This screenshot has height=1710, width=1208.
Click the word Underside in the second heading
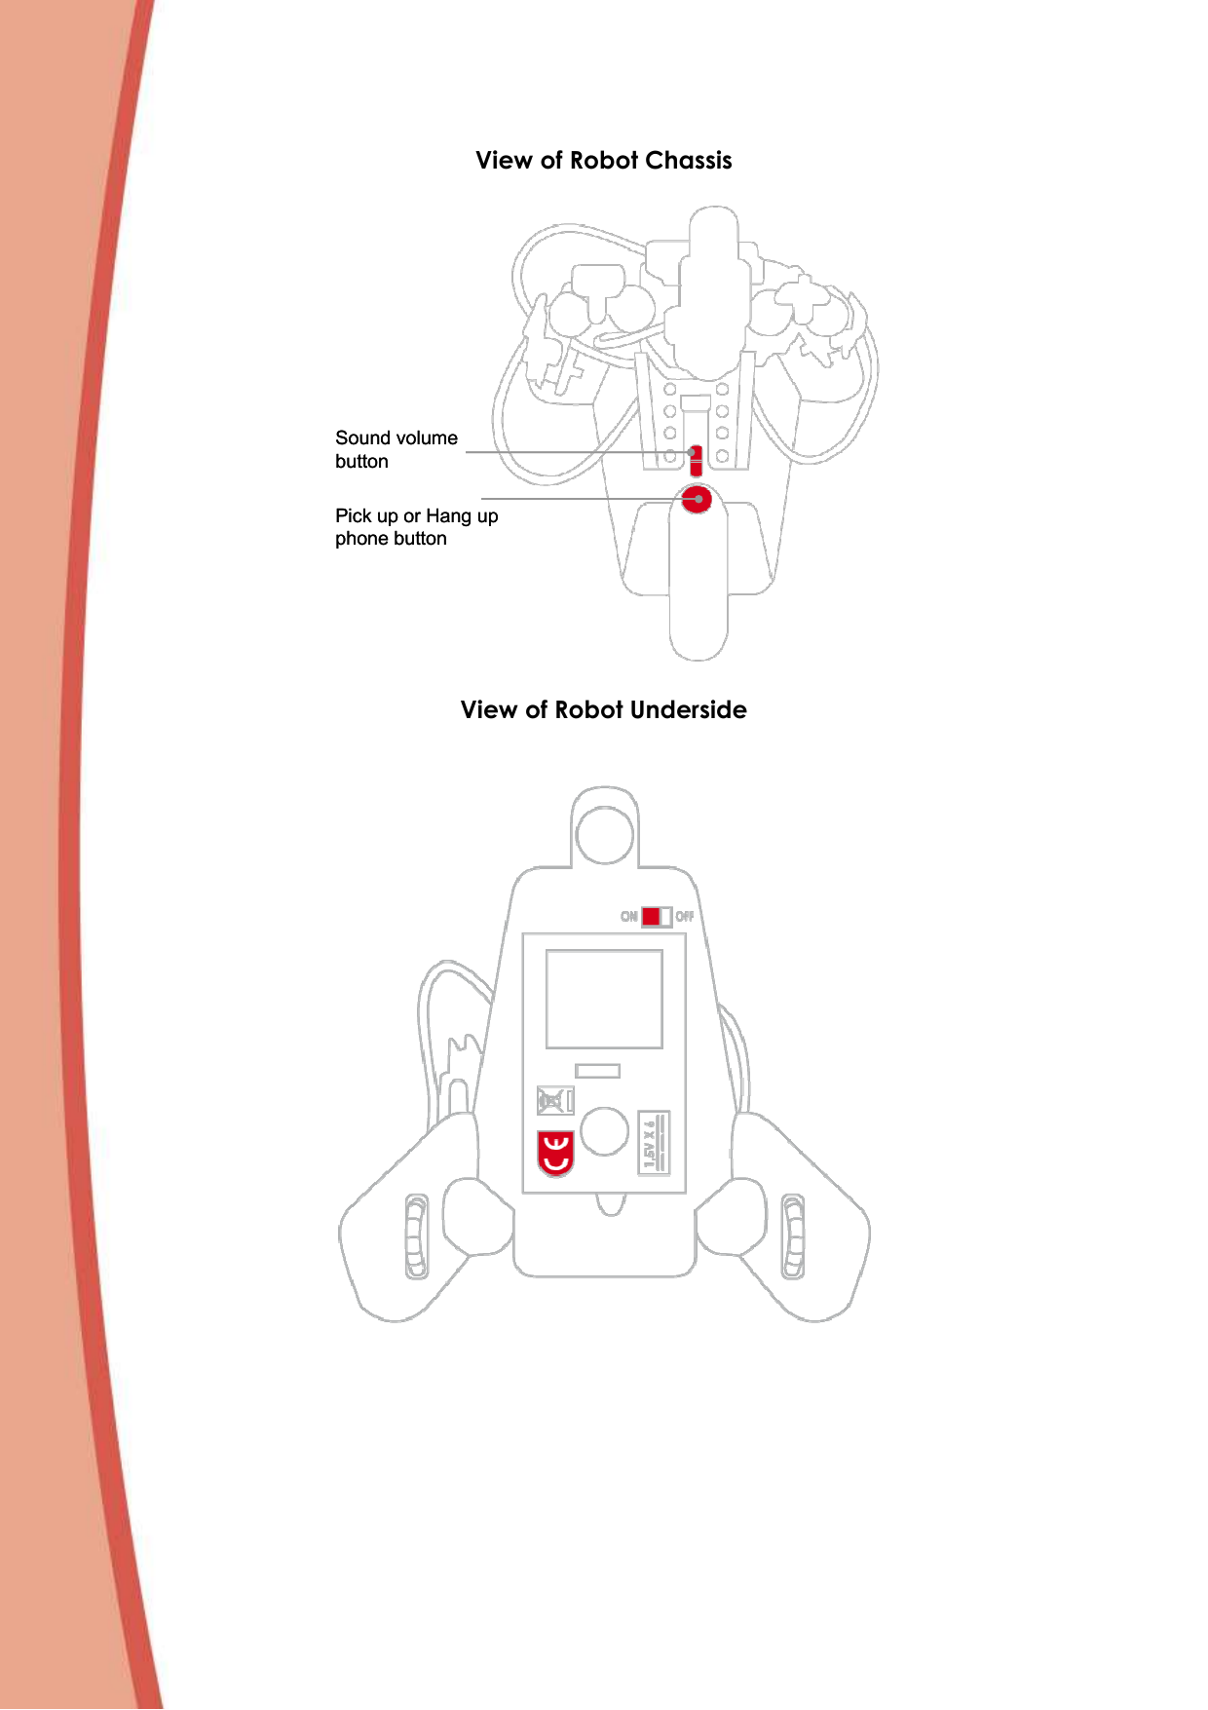pos(688,710)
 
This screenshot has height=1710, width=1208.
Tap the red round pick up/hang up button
pos(697,500)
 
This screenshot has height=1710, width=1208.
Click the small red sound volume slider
pos(696,460)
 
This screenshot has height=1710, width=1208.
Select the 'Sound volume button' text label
pos(396,449)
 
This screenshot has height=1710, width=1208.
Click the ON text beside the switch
pos(629,916)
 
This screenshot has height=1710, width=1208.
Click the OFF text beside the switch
pos(685,916)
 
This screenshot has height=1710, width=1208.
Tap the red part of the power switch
pos(651,916)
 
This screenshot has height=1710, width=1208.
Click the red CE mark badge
pos(555,1153)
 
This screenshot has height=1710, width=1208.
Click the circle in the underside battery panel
pos(604,1131)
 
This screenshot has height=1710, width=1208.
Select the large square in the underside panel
pos(604,999)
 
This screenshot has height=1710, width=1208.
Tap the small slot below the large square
pos(597,1071)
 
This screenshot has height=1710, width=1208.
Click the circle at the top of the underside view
pos(605,834)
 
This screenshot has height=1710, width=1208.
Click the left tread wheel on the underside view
pos(416,1236)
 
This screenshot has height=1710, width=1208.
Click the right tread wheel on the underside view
pos(793,1236)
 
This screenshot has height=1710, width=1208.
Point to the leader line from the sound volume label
pos(575,452)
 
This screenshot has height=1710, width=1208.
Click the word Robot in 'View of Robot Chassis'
pos(603,161)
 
